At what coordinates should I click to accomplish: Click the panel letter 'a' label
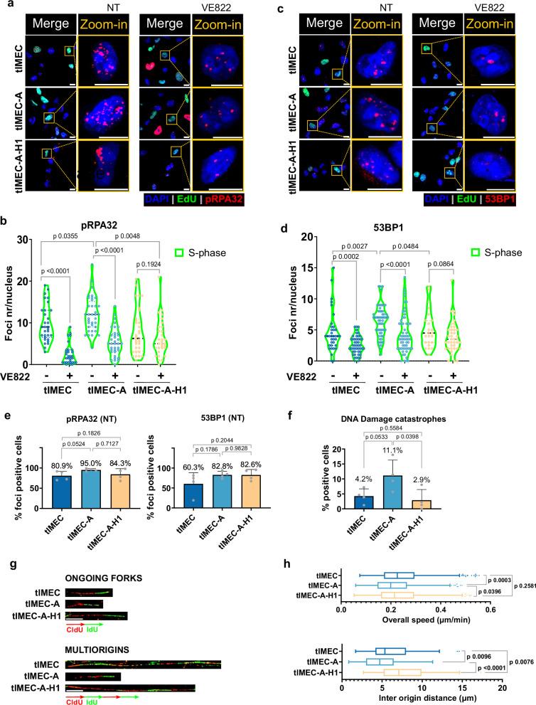6,6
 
